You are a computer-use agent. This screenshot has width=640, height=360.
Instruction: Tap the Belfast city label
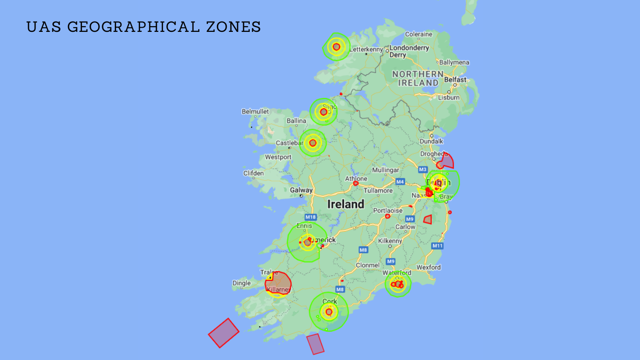click(x=455, y=80)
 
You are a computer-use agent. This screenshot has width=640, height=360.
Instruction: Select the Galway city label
click(x=301, y=190)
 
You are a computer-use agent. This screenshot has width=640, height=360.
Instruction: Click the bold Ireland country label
click(x=345, y=204)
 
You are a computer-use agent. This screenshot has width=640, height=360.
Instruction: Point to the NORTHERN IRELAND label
click(x=418, y=78)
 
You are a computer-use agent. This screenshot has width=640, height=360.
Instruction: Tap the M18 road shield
click(x=311, y=217)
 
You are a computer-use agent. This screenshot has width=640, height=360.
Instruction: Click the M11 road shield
click(x=438, y=246)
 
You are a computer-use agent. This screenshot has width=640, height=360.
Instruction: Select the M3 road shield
click(x=423, y=169)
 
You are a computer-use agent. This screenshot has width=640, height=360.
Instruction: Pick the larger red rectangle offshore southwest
click(x=223, y=333)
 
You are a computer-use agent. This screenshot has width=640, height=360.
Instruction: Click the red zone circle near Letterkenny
click(x=336, y=47)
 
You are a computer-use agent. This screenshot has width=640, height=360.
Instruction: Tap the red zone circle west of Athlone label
click(x=356, y=184)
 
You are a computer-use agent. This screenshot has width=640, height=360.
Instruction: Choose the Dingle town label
click(x=242, y=283)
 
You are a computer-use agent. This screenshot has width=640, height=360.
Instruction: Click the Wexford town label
click(x=429, y=267)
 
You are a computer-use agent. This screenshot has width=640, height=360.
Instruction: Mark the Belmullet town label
click(x=255, y=112)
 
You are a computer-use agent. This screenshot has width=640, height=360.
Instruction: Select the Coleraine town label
click(x=418, y=34)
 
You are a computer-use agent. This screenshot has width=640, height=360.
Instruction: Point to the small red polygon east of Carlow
click(x=428, y=219)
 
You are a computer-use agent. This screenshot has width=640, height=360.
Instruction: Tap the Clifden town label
click(x=253, y=173)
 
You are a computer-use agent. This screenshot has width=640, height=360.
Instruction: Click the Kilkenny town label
click(x=390, y=241)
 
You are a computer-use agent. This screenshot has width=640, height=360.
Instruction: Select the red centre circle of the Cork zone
click(x=329, y=312)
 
